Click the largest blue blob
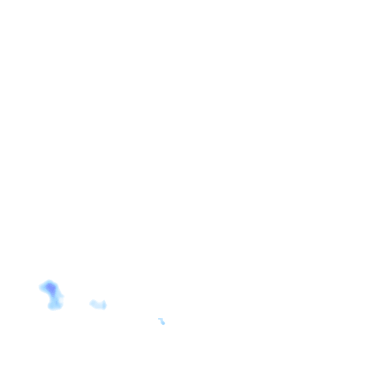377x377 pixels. (x=52, y=293)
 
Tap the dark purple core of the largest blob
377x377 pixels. (x=51, y=288)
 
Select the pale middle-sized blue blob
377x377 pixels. (x=98, y=304)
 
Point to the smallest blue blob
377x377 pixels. (x=162, y=321)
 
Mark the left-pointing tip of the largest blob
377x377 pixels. (x=40, y=287)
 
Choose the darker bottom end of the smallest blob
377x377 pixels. (x=163, y=323)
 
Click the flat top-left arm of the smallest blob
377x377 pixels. (x=160, y=319)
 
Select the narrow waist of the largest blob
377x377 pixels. (x=54, y=297)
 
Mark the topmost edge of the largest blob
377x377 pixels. (x=49, y=281)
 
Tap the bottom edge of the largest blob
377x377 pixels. (x=54, y=310)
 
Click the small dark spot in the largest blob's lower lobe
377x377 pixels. (x=56, y=303)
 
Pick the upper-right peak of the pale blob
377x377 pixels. (x=105, y=301)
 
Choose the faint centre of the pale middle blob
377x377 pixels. (x=98, y=304)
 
